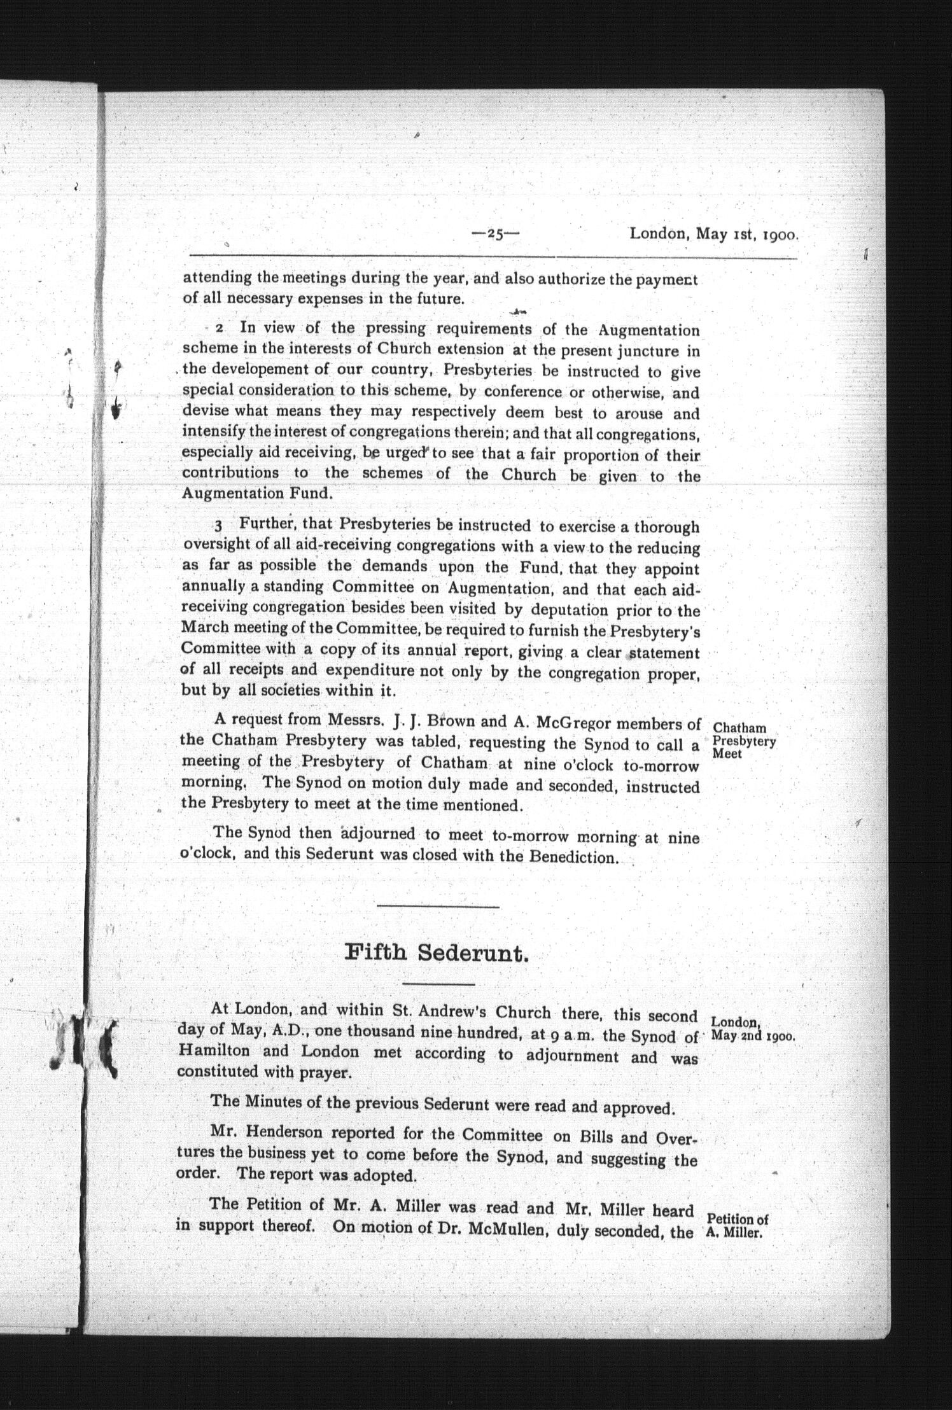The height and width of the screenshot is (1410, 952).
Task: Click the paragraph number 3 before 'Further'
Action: pos(219,526)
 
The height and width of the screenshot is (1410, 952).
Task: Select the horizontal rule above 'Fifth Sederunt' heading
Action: pos(438,906)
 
